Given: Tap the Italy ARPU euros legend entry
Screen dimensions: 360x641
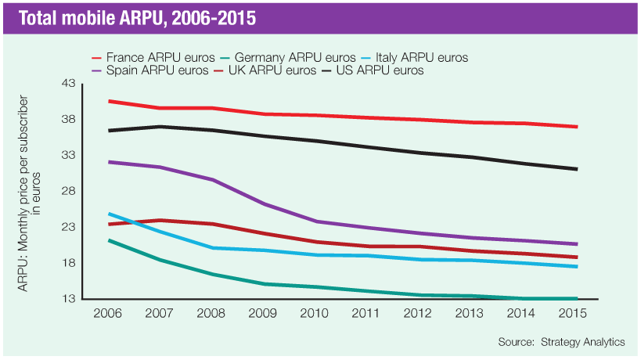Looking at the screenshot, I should coord(412,57).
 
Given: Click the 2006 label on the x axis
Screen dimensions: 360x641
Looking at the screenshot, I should coord(108,312).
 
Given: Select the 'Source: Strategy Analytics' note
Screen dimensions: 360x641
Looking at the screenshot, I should coord(561,342).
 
